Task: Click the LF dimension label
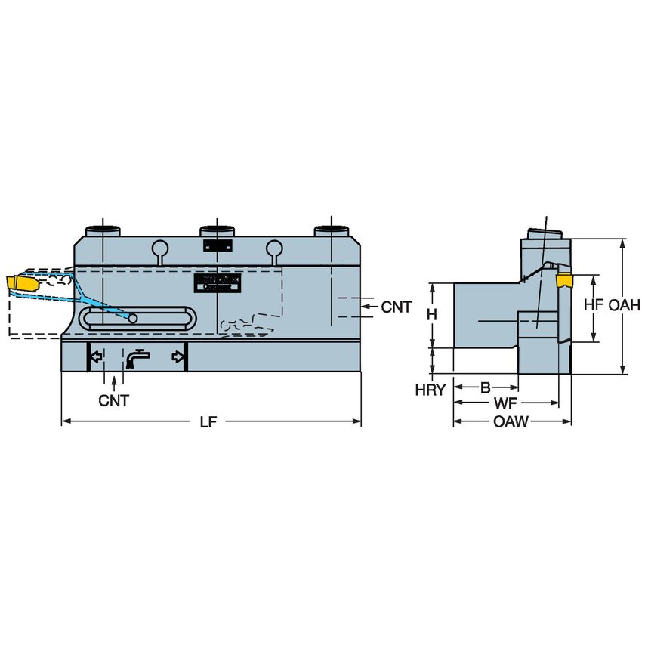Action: click(208, 423)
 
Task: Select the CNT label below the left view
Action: click(113, 400)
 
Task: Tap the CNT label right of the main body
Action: click(397, 307)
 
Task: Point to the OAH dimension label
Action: click(625, 305)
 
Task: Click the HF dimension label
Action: click(594, 305)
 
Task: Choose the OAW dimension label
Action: click(511, 421)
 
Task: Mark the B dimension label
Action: click(486, 388)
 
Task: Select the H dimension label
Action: click(431, 315)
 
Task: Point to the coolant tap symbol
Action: click(137, 358)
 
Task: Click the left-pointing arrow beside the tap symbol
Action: click(96, 356)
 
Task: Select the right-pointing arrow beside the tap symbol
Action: click(178, 356)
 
